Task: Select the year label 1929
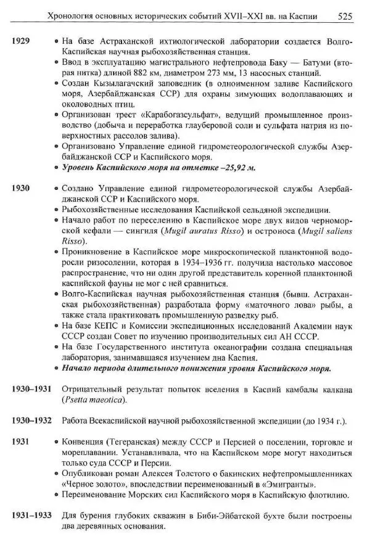[21, 43]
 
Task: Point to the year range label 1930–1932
[31, 421]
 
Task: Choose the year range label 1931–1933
[31, 515]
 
